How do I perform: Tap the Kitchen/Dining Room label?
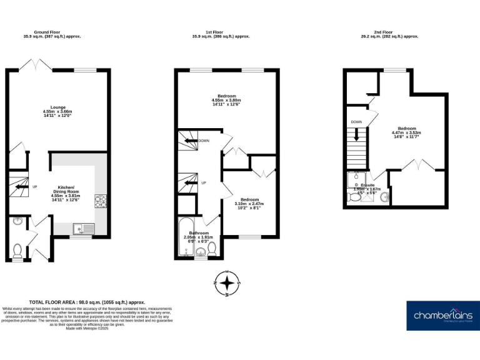[x=66, y=194]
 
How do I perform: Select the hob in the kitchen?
[x=100, y=201]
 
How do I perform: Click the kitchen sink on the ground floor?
[x=82, y=228]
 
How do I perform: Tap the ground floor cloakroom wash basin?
[x=17, y=220]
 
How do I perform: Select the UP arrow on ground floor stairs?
[x=21, y=186]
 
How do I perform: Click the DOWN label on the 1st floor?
[x=204, y=141]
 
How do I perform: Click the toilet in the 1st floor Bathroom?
[x=212, y=249]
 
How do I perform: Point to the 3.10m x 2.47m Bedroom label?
[x=249, y=203]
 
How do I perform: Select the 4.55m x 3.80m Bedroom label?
[x=226, y=100]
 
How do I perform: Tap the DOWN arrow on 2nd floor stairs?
[x=356, y=134]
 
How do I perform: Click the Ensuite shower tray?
[x=356, y=180]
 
